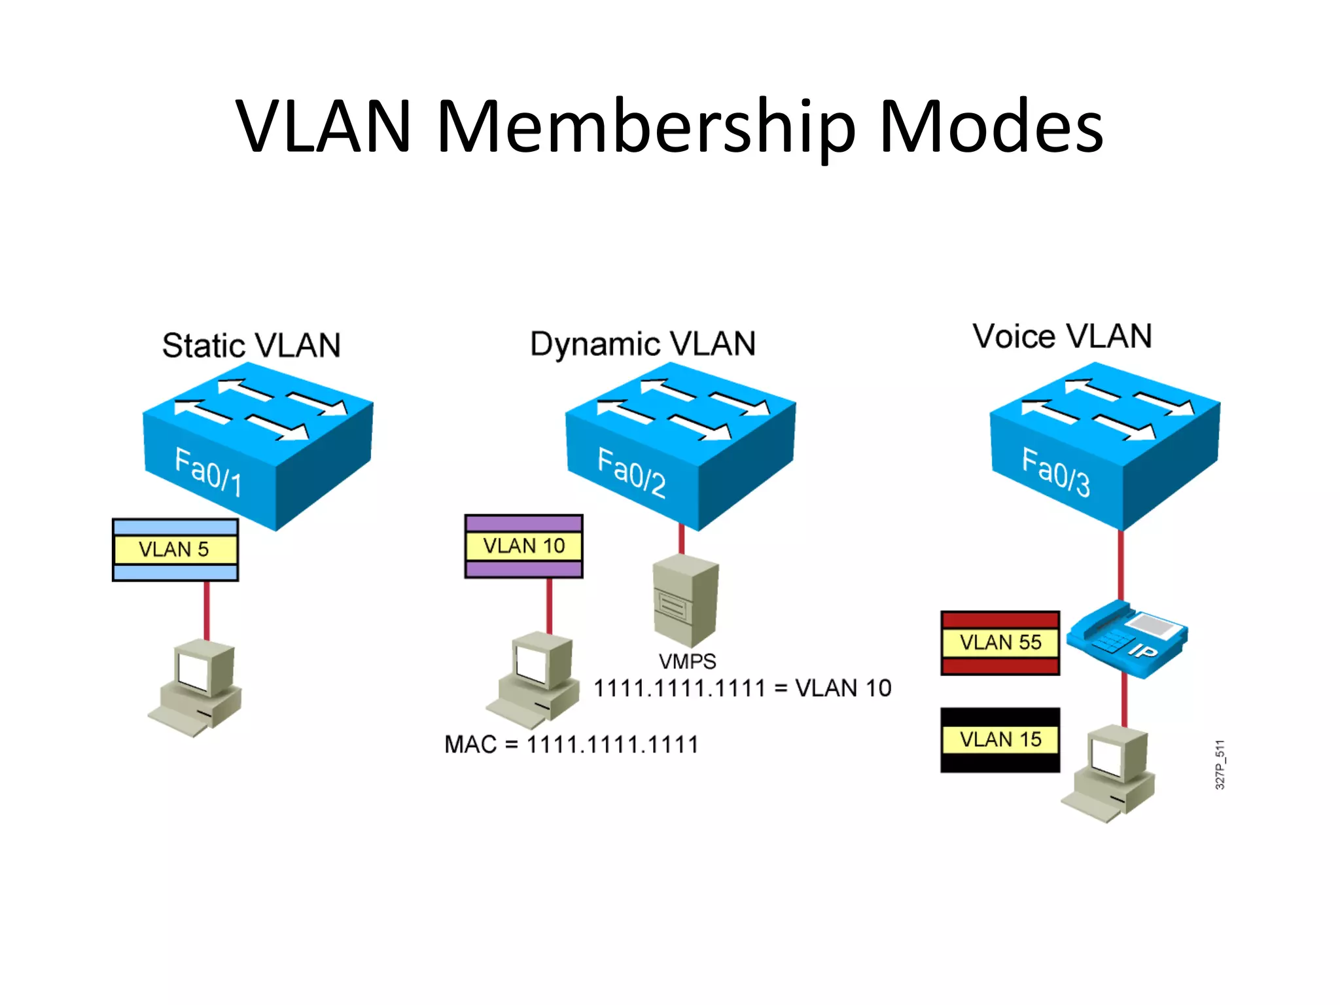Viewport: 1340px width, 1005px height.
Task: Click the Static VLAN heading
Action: [251, 345]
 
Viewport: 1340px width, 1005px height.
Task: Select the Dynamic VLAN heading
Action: [643, 344]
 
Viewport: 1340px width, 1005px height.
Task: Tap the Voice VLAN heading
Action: [1061, 336]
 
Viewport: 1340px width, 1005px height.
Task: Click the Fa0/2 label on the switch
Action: [631, 473]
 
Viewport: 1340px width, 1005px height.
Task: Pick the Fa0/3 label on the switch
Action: [1055, 473]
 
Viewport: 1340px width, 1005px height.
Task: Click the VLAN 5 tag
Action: [175, 550]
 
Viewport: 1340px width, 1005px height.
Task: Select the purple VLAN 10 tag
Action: [523, 546]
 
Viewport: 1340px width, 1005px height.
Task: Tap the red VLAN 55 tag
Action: [1000, 643]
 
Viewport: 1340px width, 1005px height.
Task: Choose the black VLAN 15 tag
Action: [1000, 739]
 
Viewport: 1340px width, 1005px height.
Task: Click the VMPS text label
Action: [687, 661]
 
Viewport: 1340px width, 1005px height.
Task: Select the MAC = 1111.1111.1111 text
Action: [571, 745]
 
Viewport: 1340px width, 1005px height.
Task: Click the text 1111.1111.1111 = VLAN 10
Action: [742, 688]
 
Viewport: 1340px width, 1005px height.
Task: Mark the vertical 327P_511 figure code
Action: [1220, 764]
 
